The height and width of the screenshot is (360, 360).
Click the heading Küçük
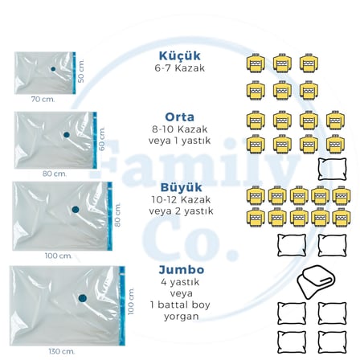[x=179, y=55]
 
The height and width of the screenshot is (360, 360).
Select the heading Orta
[x=179, y=117]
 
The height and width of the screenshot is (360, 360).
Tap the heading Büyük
[x=181, y=187]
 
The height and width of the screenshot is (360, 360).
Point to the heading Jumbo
[x=182, y=270]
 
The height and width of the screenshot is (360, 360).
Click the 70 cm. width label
[x=43, y=100]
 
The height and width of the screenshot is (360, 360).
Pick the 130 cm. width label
[x=62, y=351]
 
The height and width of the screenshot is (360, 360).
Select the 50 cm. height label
[x=81, y=71]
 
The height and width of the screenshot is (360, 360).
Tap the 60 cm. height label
[x=102, y=139]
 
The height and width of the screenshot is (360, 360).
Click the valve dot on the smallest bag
[x=53, y=69]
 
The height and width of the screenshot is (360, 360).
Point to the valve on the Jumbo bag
[x=83, y=298]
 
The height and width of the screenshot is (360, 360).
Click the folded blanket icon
[x=316, y=282]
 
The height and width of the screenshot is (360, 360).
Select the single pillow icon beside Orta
[x=332, y=170]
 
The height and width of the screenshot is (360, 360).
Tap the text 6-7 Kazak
[x=180, y=68]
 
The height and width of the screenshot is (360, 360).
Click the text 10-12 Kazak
[x=181, y=199]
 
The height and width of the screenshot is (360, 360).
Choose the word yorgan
[x=182, y=317]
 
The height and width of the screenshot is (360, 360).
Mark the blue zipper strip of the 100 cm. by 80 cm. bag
[x=109, y=216]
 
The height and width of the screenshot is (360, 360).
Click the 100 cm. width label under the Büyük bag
[x=59, y=256]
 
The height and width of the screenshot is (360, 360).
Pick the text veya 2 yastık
[x=181, y=211]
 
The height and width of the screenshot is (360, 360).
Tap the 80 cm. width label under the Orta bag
[x=55, y=174]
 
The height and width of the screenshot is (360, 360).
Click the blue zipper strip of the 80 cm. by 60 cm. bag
[x=95, y=141]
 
